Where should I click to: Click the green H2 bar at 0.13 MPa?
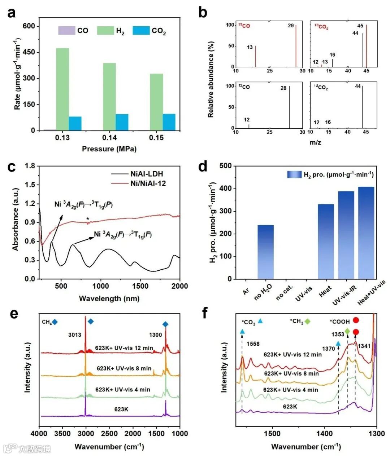coord(62,89)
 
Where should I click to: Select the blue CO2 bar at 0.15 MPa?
coord(169,122)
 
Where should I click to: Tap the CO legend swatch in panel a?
coord(66,31)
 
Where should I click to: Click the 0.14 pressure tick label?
coord(109,138)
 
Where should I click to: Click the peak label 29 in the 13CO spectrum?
coord(291,26)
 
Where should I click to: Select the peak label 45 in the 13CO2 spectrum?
coord(360,26)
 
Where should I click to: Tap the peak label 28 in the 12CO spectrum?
coord(283,88)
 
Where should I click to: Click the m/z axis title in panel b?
coord(315,142)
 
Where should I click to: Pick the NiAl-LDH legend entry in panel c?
coord(146,174)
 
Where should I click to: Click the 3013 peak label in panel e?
coord(75,335)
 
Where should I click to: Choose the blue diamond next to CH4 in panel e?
coord(55,322)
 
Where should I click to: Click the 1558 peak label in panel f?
coord(253,344)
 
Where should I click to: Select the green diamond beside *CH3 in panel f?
coord(307,321)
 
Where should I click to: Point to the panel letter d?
coord(203,167)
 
